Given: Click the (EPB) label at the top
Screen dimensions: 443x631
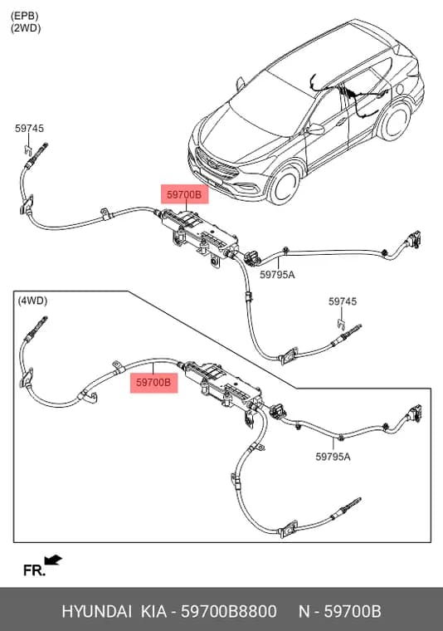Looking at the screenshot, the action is pos(25,16).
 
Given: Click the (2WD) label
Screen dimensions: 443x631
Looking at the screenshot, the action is pos(26,28).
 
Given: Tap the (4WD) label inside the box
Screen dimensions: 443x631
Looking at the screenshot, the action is pos(32,301).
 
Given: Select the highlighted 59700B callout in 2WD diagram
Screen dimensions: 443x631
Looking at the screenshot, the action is pos(184,194).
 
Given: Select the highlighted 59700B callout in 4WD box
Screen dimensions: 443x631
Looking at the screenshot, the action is pos(153,382).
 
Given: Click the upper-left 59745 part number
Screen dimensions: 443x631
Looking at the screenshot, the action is pos(29,129).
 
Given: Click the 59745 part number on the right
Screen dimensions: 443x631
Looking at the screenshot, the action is pos(343,301).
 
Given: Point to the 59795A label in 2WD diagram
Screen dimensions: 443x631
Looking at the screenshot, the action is pos(277,275).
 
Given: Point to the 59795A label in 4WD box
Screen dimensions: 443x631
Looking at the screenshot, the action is pos(333,457).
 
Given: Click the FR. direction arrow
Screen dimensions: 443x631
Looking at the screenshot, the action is pos(53,560).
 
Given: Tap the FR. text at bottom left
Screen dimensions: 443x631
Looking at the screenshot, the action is pos(34,570).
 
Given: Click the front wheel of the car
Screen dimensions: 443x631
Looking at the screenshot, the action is pos(285,185).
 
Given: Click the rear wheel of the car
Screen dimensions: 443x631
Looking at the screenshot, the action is pos(396,120).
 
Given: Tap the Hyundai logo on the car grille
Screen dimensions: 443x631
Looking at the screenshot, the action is pos(212,164).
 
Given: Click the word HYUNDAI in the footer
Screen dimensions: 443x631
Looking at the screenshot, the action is pos(96,611).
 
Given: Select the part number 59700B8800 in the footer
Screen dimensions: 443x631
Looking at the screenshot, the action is pos(229,611).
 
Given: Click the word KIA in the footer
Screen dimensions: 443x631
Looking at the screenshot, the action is pos(153,611).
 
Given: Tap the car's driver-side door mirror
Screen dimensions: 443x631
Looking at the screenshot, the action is pos(315,130).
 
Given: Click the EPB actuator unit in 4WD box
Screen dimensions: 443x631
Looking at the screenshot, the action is pos(222,384).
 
